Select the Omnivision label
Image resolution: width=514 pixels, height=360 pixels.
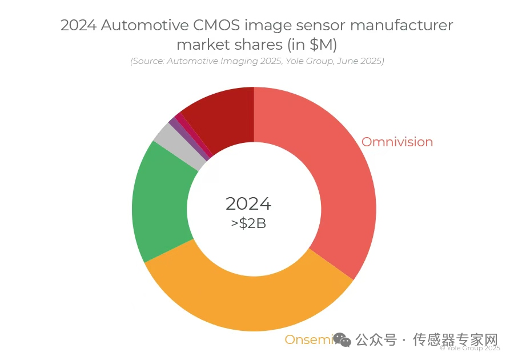click(397, 142)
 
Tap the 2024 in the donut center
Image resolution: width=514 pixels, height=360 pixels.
click(248, 203)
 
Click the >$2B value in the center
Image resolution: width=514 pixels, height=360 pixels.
click(248, 223)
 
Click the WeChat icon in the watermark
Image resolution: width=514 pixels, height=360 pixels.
click(343, 340)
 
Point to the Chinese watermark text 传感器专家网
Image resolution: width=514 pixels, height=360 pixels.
click(455, 340)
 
